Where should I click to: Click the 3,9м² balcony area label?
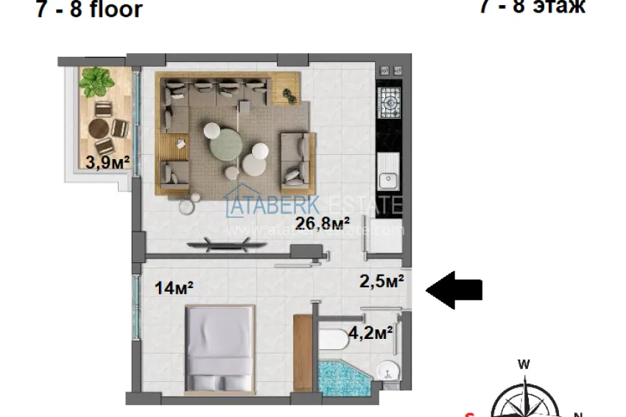click(x=102, y=163)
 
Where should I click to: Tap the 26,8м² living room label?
click(x=322, y=223)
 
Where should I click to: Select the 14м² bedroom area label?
click(x=175, y=288)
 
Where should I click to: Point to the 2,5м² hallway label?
click(x=381, y=281)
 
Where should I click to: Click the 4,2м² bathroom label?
click(x=370, y=333)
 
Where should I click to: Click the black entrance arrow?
click(x=454, y=289)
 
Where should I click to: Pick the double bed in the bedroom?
click(x=219, y=350)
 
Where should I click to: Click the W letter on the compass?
click(x=524, y=364)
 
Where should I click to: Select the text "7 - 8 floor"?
click(x=89, y=11)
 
